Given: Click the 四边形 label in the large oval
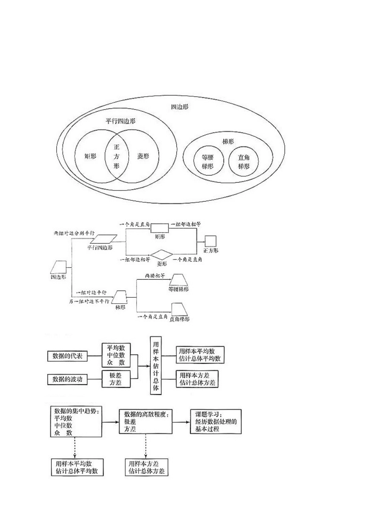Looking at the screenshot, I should pos(180,106).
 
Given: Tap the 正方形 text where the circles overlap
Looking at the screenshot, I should pos(116,157).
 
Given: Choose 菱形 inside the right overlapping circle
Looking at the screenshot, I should pos(143,156).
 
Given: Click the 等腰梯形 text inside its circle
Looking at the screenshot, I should pos(207,162).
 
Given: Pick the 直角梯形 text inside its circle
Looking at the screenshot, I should pos(244,162).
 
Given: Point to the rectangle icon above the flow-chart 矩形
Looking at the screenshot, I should pos(159,228).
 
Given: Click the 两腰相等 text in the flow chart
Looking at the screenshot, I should pos(154,276).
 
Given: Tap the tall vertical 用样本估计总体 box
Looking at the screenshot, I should pos(156,365).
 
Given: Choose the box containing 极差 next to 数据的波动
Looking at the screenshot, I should pos(116,379).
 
